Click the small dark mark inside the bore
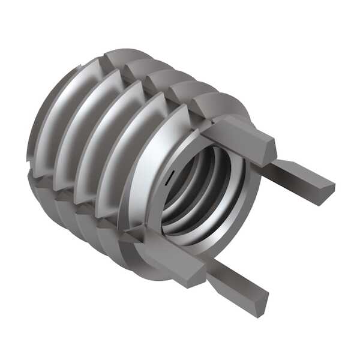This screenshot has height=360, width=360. tap(172, 175)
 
